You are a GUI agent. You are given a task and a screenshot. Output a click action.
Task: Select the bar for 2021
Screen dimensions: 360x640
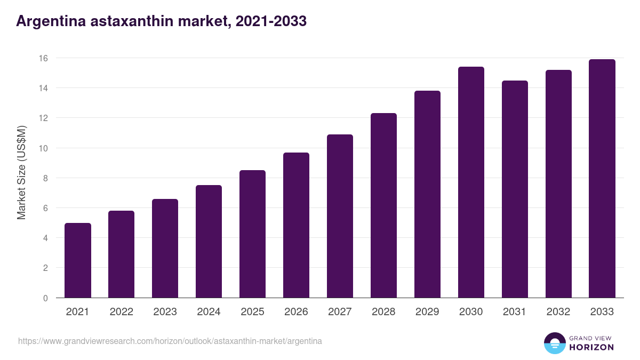[x=78, y=260]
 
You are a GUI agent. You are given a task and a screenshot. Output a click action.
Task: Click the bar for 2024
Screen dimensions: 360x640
[x=209, y=241]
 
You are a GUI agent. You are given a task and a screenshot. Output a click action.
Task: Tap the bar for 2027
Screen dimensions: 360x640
[x=340, y=216]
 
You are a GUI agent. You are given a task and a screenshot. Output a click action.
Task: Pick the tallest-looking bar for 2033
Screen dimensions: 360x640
[x=602, y=179]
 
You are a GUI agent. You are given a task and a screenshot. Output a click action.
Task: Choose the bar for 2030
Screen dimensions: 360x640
[x=471, y=182]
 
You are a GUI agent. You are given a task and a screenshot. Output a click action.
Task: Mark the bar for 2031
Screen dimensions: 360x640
[x=515, y=189]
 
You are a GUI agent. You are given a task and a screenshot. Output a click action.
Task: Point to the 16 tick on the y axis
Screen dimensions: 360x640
[x=45, y=58]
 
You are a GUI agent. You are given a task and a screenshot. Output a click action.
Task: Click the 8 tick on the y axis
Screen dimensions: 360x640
[x=45, y=178]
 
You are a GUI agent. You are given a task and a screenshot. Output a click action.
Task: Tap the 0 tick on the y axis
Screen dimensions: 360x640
[x=45, y=298]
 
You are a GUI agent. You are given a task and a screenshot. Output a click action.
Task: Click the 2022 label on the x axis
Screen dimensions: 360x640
[x=121, y=312]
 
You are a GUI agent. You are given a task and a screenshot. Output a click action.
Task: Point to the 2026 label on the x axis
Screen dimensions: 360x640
[x=296, y=312]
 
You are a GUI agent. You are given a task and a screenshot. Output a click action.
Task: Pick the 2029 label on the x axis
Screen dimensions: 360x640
[x=427, y=312]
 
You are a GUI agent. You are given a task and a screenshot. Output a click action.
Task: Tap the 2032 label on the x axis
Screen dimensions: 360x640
[x=558, y=312]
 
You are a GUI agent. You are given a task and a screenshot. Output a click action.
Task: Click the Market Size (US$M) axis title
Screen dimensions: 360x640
[x=21, y=172]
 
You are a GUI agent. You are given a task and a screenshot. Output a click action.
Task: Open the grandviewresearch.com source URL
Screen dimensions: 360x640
[x=170, y=340]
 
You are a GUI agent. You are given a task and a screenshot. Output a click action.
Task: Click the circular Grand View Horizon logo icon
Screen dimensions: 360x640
[x=554, y=343]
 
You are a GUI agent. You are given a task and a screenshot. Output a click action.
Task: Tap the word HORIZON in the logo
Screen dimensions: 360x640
[x=591, y=347]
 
